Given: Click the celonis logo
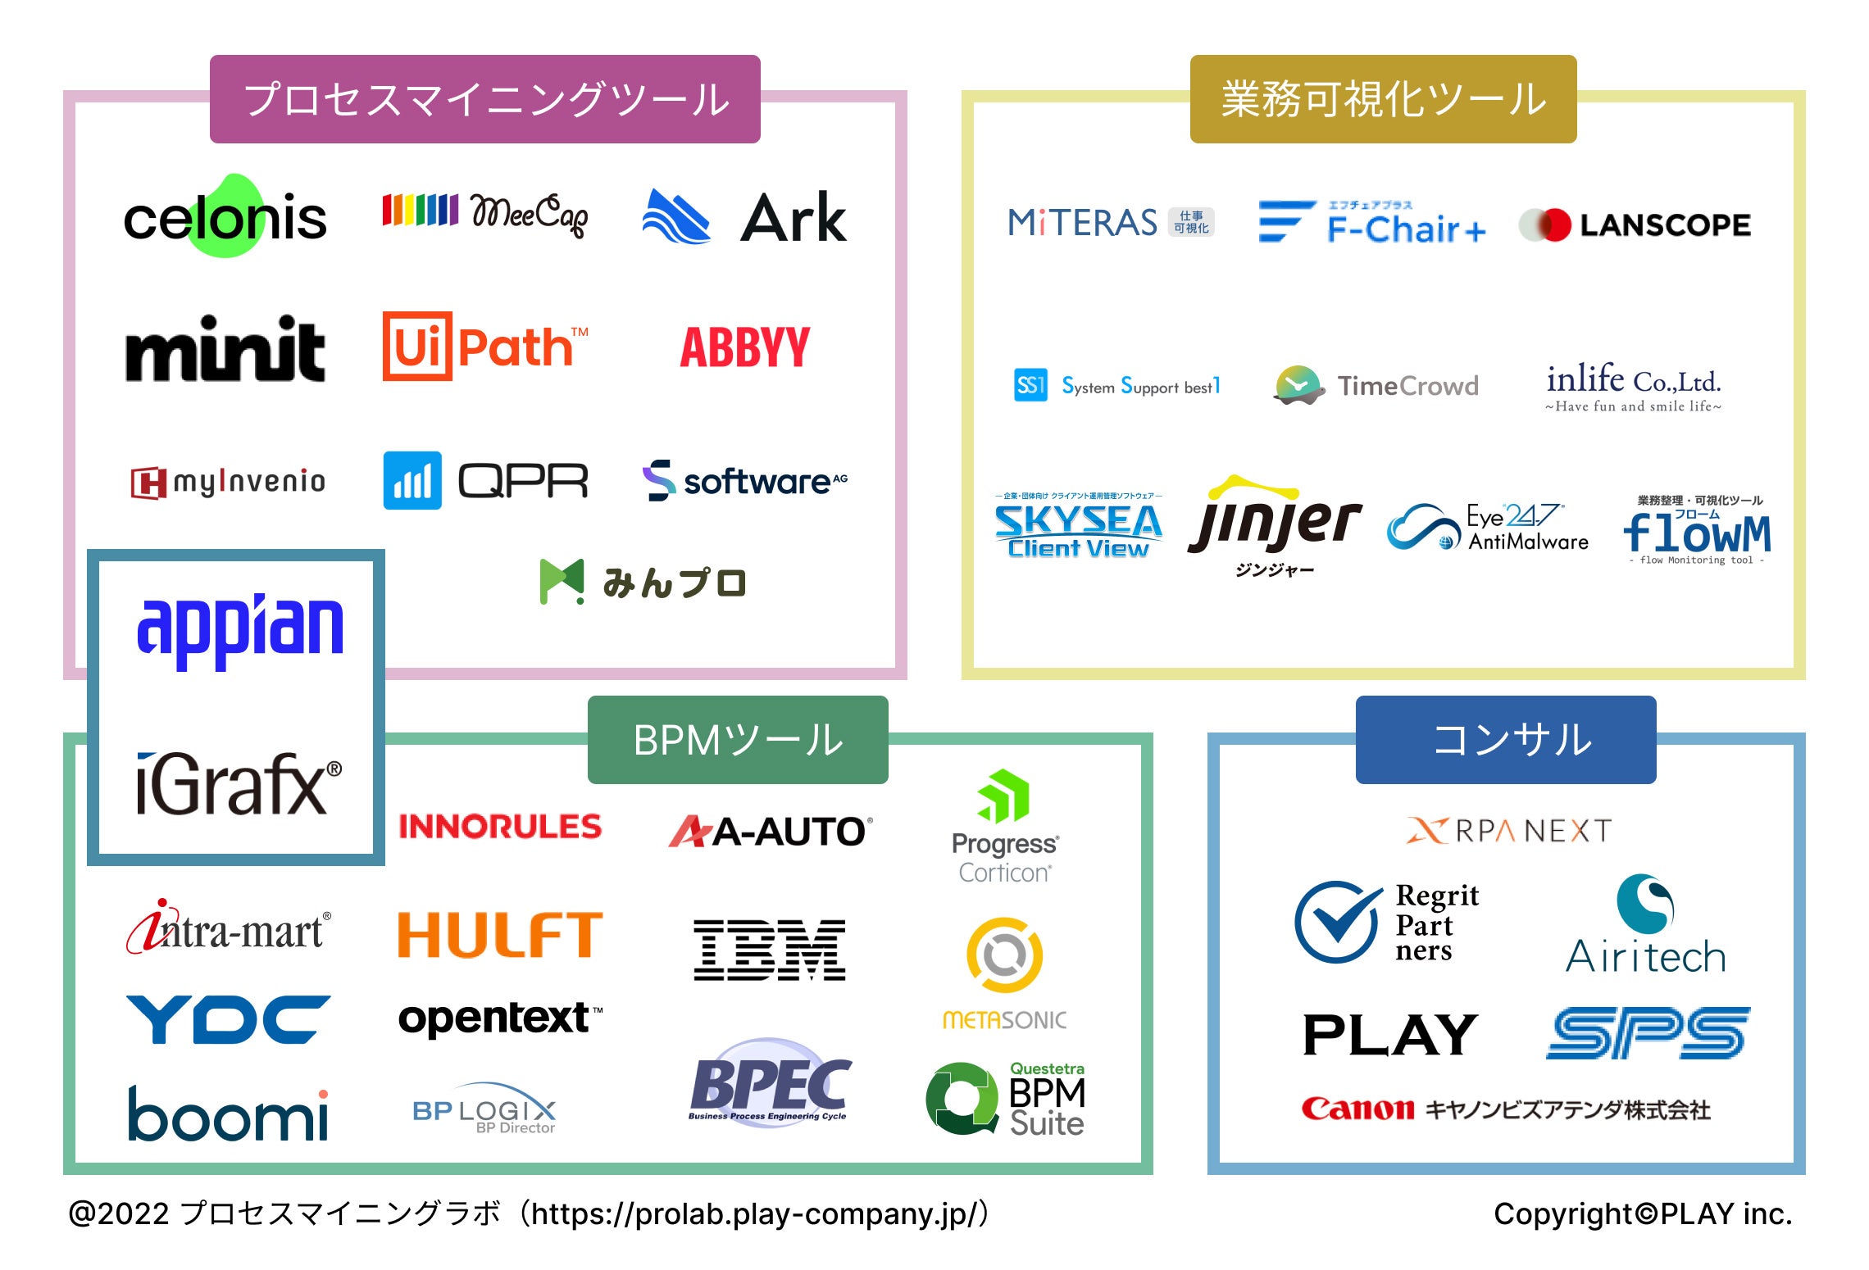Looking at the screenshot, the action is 225,218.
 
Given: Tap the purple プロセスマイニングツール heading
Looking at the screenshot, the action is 484,99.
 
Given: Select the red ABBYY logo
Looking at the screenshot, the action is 744,347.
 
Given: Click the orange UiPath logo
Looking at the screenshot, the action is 485,347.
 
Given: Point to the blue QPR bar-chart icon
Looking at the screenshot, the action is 412,481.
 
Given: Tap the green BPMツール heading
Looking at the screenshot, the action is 738,740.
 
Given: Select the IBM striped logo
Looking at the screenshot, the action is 769,950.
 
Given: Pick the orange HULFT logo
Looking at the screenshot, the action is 500,935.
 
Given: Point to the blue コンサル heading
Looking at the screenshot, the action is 1506,740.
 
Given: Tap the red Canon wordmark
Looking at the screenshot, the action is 1357,1109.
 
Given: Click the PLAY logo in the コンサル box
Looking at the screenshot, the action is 1390,1035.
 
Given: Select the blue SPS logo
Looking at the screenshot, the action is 1648,1033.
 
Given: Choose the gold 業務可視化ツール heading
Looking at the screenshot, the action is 1383,99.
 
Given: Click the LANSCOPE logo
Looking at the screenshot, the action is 1635,225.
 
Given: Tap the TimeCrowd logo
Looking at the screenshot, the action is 1377,385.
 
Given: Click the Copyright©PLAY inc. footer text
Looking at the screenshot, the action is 1643,1213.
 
